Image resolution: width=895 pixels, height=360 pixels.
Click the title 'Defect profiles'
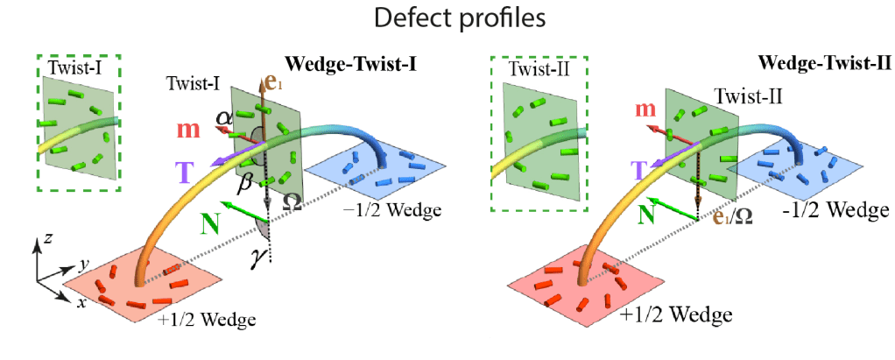click(x=447, y=18)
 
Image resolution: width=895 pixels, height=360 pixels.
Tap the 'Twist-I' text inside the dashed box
click(x=78, y=67)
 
